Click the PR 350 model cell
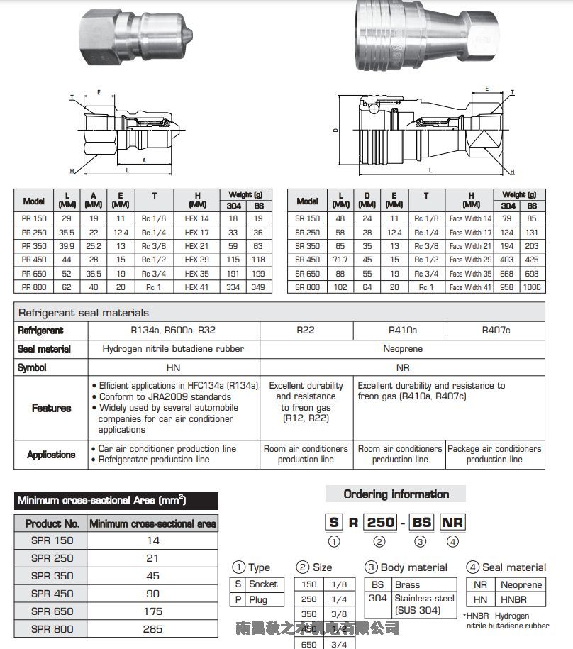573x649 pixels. point(34,246)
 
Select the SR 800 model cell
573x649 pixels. point(307,287)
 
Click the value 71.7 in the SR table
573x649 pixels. point(341,260)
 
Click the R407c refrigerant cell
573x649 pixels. point(496,330)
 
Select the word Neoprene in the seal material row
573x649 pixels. point(403,349)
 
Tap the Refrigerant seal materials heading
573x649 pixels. point(84,312)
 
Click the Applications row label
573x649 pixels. point(51,455)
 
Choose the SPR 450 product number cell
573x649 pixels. point(52,593)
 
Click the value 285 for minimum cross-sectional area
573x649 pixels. point(152,628)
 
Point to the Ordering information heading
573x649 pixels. point(396,494)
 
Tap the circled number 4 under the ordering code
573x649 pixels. point(453,542)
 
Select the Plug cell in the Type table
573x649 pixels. point(259,599)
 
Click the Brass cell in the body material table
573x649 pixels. point(407,585)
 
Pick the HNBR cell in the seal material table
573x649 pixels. point(513,599)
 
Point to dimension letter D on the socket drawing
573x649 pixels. point(335,130)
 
